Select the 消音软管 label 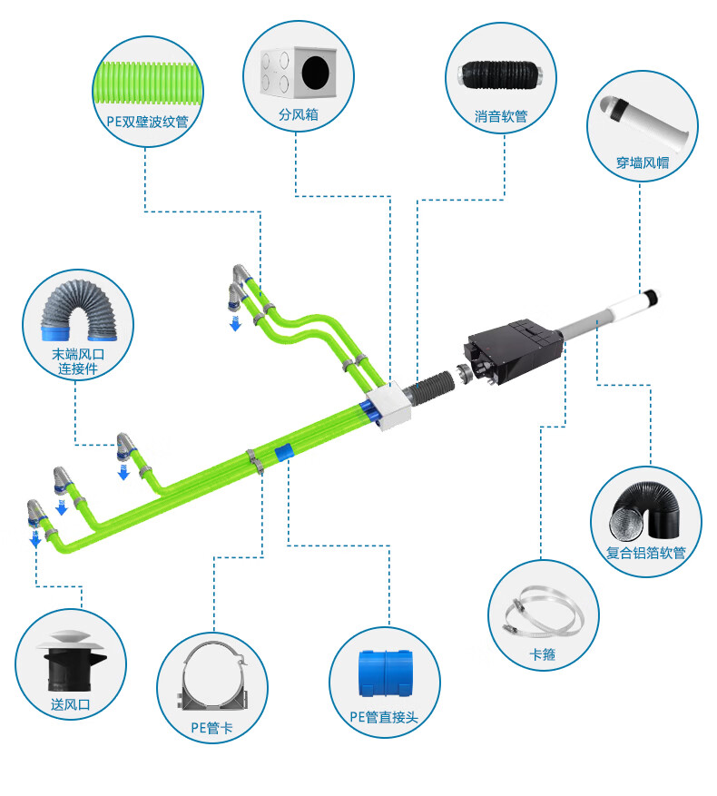click(x=500, y=116)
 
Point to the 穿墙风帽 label click(x=642, y=162)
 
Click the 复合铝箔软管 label click(x=645, y=551)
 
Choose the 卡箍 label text click(x=542, y=654)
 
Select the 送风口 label click(x=71, y=703)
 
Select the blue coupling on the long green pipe click(x=284, y=451)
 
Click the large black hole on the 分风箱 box click(x=318, y=73)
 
